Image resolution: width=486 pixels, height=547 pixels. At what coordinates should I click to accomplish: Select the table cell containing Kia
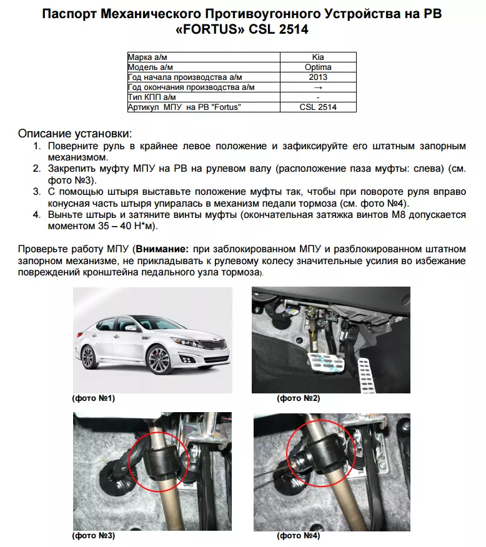coord(318,57)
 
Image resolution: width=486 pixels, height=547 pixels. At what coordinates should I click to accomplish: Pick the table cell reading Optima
coord(318,67)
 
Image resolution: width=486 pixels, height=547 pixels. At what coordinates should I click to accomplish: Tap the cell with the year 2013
coord(318,77)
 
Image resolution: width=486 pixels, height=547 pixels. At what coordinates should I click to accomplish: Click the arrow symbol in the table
coord(318,87)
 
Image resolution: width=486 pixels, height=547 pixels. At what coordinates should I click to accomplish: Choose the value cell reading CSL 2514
coord(318,107)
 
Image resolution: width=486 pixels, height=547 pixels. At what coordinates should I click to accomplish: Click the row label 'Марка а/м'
coord(149,57)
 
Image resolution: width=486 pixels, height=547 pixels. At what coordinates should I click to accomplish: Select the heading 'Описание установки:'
coord(75,134)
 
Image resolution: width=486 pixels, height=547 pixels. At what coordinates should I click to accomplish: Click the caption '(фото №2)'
coord(299,398)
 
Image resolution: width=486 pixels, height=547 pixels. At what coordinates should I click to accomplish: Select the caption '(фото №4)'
coord(299,535)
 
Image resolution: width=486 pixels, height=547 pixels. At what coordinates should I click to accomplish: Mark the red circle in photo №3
coord(159,459)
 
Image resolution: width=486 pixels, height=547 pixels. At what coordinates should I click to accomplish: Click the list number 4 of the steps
coord(37,215)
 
